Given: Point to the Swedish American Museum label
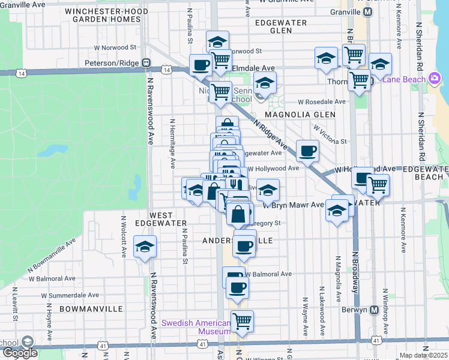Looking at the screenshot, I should click(x=196, y=327).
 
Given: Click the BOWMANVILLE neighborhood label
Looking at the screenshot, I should click(x=91, y=308).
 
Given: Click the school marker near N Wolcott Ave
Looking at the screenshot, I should click(x=144, y=247).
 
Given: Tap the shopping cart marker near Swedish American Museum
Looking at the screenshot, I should click(x=242, y=321).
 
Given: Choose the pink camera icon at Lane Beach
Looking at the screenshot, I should click(x=435, y=79).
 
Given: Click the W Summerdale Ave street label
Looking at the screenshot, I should click(x=70, y=295).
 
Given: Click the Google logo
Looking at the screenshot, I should click(x=20, y=353).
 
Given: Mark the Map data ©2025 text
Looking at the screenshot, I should click(x=424, y=355).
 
